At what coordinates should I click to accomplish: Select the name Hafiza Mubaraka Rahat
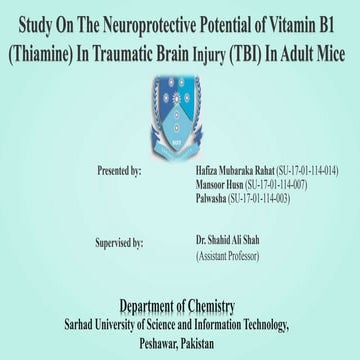231,172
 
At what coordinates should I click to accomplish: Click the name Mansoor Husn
221,186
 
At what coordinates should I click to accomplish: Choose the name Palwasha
212,200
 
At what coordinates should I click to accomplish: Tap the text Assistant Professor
228,257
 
